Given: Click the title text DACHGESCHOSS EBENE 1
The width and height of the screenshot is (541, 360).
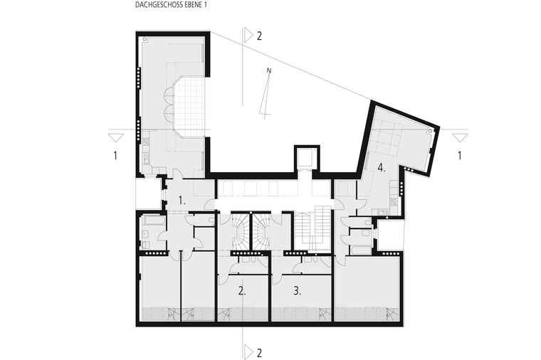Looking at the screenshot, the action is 171,6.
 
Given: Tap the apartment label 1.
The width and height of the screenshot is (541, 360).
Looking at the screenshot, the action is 182,201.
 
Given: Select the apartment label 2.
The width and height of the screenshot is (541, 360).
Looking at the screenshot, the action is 242,291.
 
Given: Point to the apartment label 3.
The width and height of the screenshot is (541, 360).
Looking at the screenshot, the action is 298,291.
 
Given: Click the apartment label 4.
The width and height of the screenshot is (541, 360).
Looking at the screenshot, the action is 382,169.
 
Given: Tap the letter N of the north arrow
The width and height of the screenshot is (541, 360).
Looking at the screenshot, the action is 269,70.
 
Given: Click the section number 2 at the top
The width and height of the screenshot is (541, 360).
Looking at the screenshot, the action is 259,36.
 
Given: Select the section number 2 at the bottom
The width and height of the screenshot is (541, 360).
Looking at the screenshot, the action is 259,353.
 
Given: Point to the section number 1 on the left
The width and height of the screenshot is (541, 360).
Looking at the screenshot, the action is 115,156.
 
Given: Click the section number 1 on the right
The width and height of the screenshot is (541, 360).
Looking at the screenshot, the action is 459,156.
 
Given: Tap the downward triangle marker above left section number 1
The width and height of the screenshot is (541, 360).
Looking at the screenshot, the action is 115,138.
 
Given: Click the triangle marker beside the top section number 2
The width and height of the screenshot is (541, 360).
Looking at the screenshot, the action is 248,36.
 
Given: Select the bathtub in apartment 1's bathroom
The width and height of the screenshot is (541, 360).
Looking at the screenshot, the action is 154,221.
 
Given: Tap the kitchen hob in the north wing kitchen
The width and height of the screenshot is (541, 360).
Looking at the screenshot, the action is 146,141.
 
